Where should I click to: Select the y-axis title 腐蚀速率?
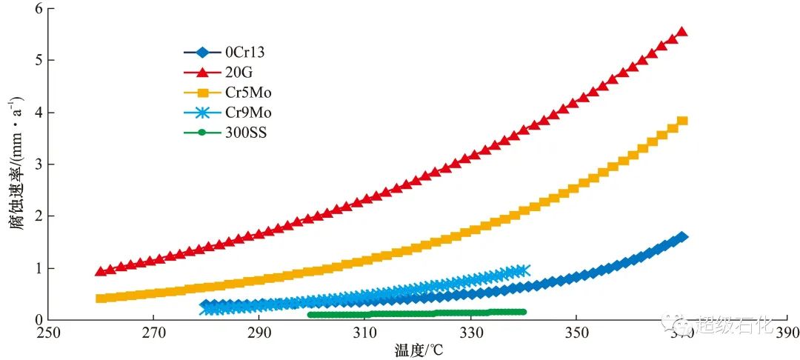click(x=16, y=163)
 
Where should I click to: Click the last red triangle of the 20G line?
click(x=681, y=32)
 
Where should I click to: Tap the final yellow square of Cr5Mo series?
click(x=682, y=121)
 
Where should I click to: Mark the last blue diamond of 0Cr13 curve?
click(x=681, y=237)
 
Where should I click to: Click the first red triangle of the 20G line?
click(x=101, y=271)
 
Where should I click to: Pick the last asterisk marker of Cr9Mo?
click(x=524, y=271)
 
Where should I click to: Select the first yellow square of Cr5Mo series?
click(x=101, y=299)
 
